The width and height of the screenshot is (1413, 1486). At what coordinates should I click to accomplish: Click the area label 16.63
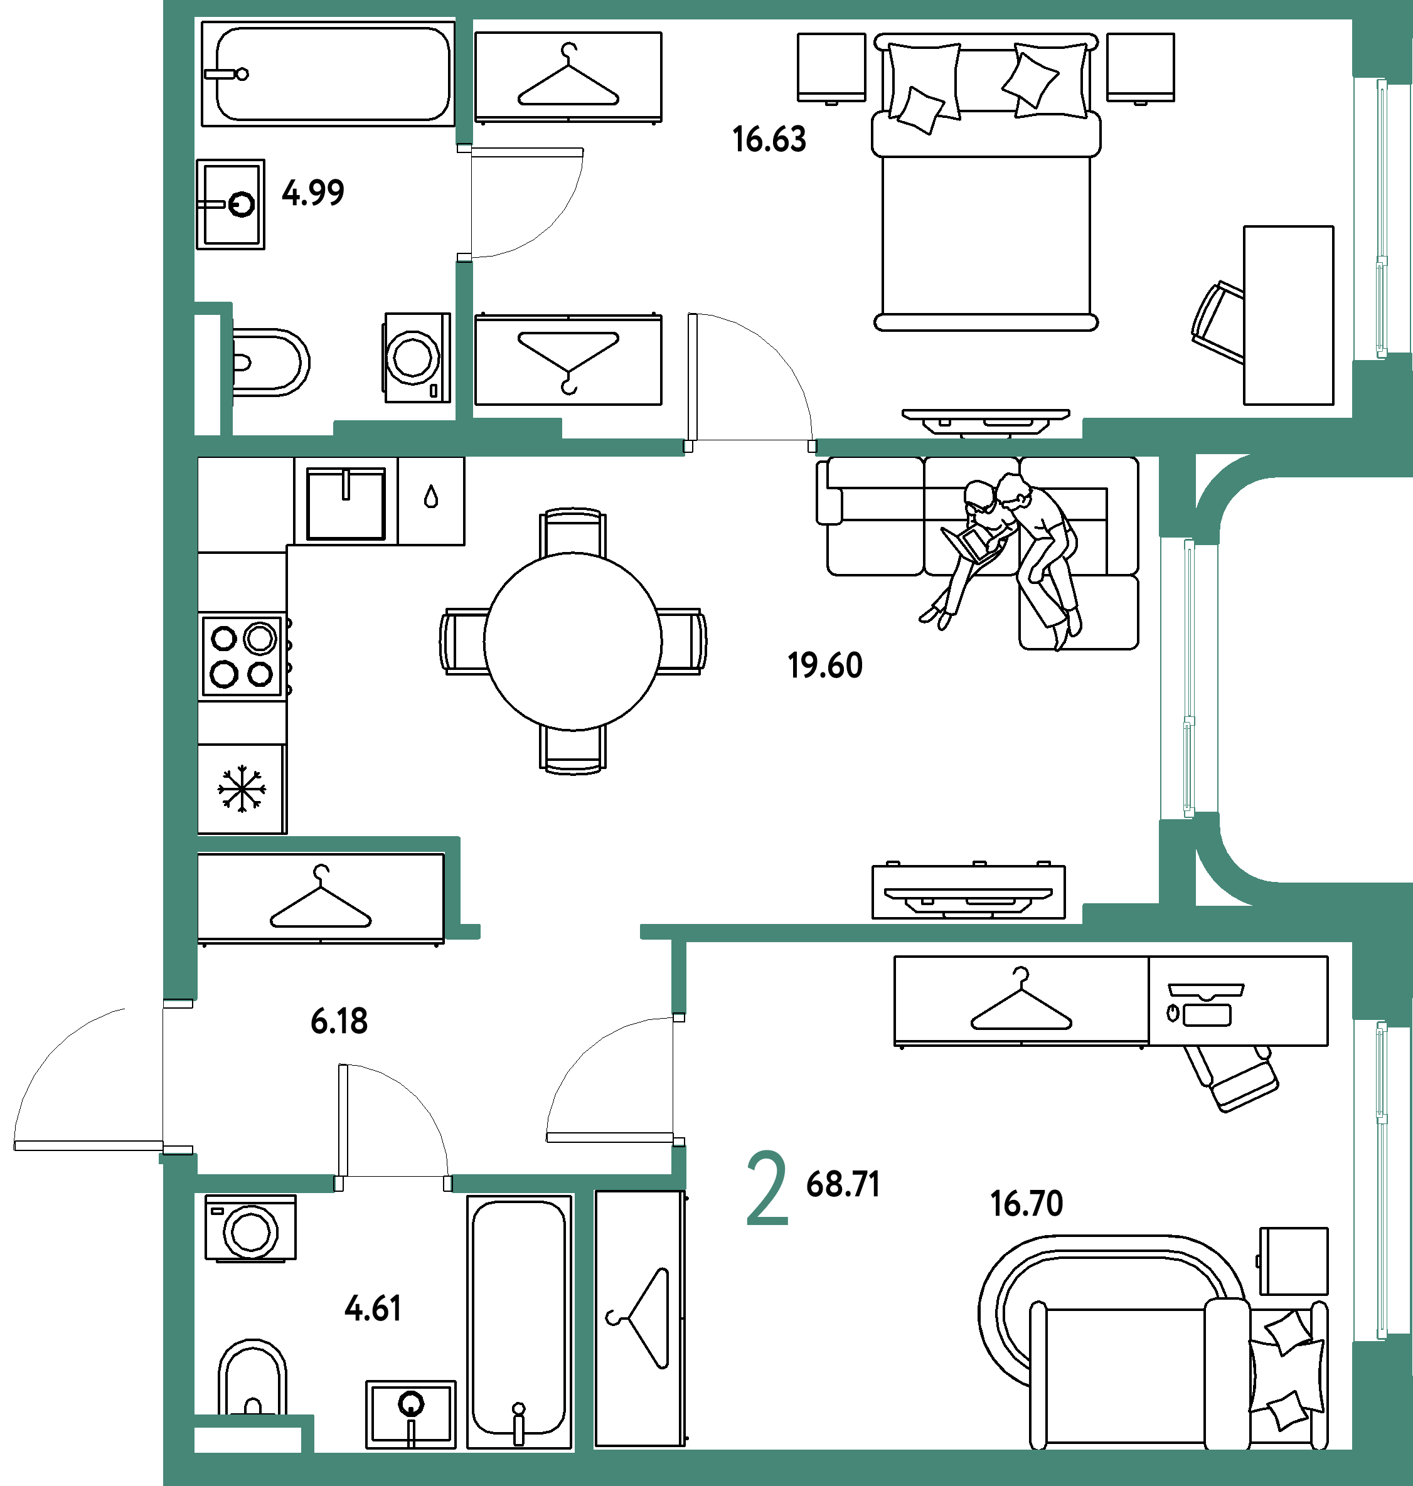click(x=769, y=140)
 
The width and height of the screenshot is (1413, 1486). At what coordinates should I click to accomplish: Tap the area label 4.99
click(x=313, y=193)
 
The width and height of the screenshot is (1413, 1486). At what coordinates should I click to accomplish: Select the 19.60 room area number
click(x=824, y=666)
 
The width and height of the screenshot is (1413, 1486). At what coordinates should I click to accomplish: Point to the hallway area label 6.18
click(x=339, y=1021)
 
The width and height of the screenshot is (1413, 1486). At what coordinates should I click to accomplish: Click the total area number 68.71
click(x=843, y=1184)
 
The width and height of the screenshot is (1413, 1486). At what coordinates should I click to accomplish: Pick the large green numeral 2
click(x=767, y=1188)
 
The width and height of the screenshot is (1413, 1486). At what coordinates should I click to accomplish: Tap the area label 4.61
click(x=373, y=1308)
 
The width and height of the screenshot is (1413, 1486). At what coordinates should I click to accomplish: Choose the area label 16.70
click(x=1026, y=1204)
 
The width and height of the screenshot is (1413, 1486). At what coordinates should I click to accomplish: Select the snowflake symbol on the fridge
click(x=242, y=788)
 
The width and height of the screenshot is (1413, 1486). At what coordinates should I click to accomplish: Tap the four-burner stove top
click(x=242, y=656)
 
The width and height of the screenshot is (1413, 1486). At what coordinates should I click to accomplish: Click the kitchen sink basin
click(x=346, y=503)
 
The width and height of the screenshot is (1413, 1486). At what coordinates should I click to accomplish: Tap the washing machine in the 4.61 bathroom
click(x=251, y=1228)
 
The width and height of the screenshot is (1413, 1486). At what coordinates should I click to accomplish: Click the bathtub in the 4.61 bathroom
click(x=519, y=1321)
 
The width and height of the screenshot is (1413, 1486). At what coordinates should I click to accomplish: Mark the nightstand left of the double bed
click(x=831, y=68)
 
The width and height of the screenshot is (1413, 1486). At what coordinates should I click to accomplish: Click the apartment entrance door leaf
click(x=88, y=1145)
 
